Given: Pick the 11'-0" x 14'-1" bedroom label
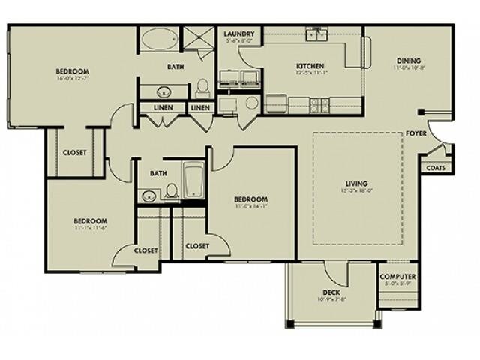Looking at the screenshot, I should click(x=250, y=199).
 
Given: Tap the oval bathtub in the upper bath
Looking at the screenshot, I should click(x=157, y=38).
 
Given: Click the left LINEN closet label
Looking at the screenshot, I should click(x=164, y=108).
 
